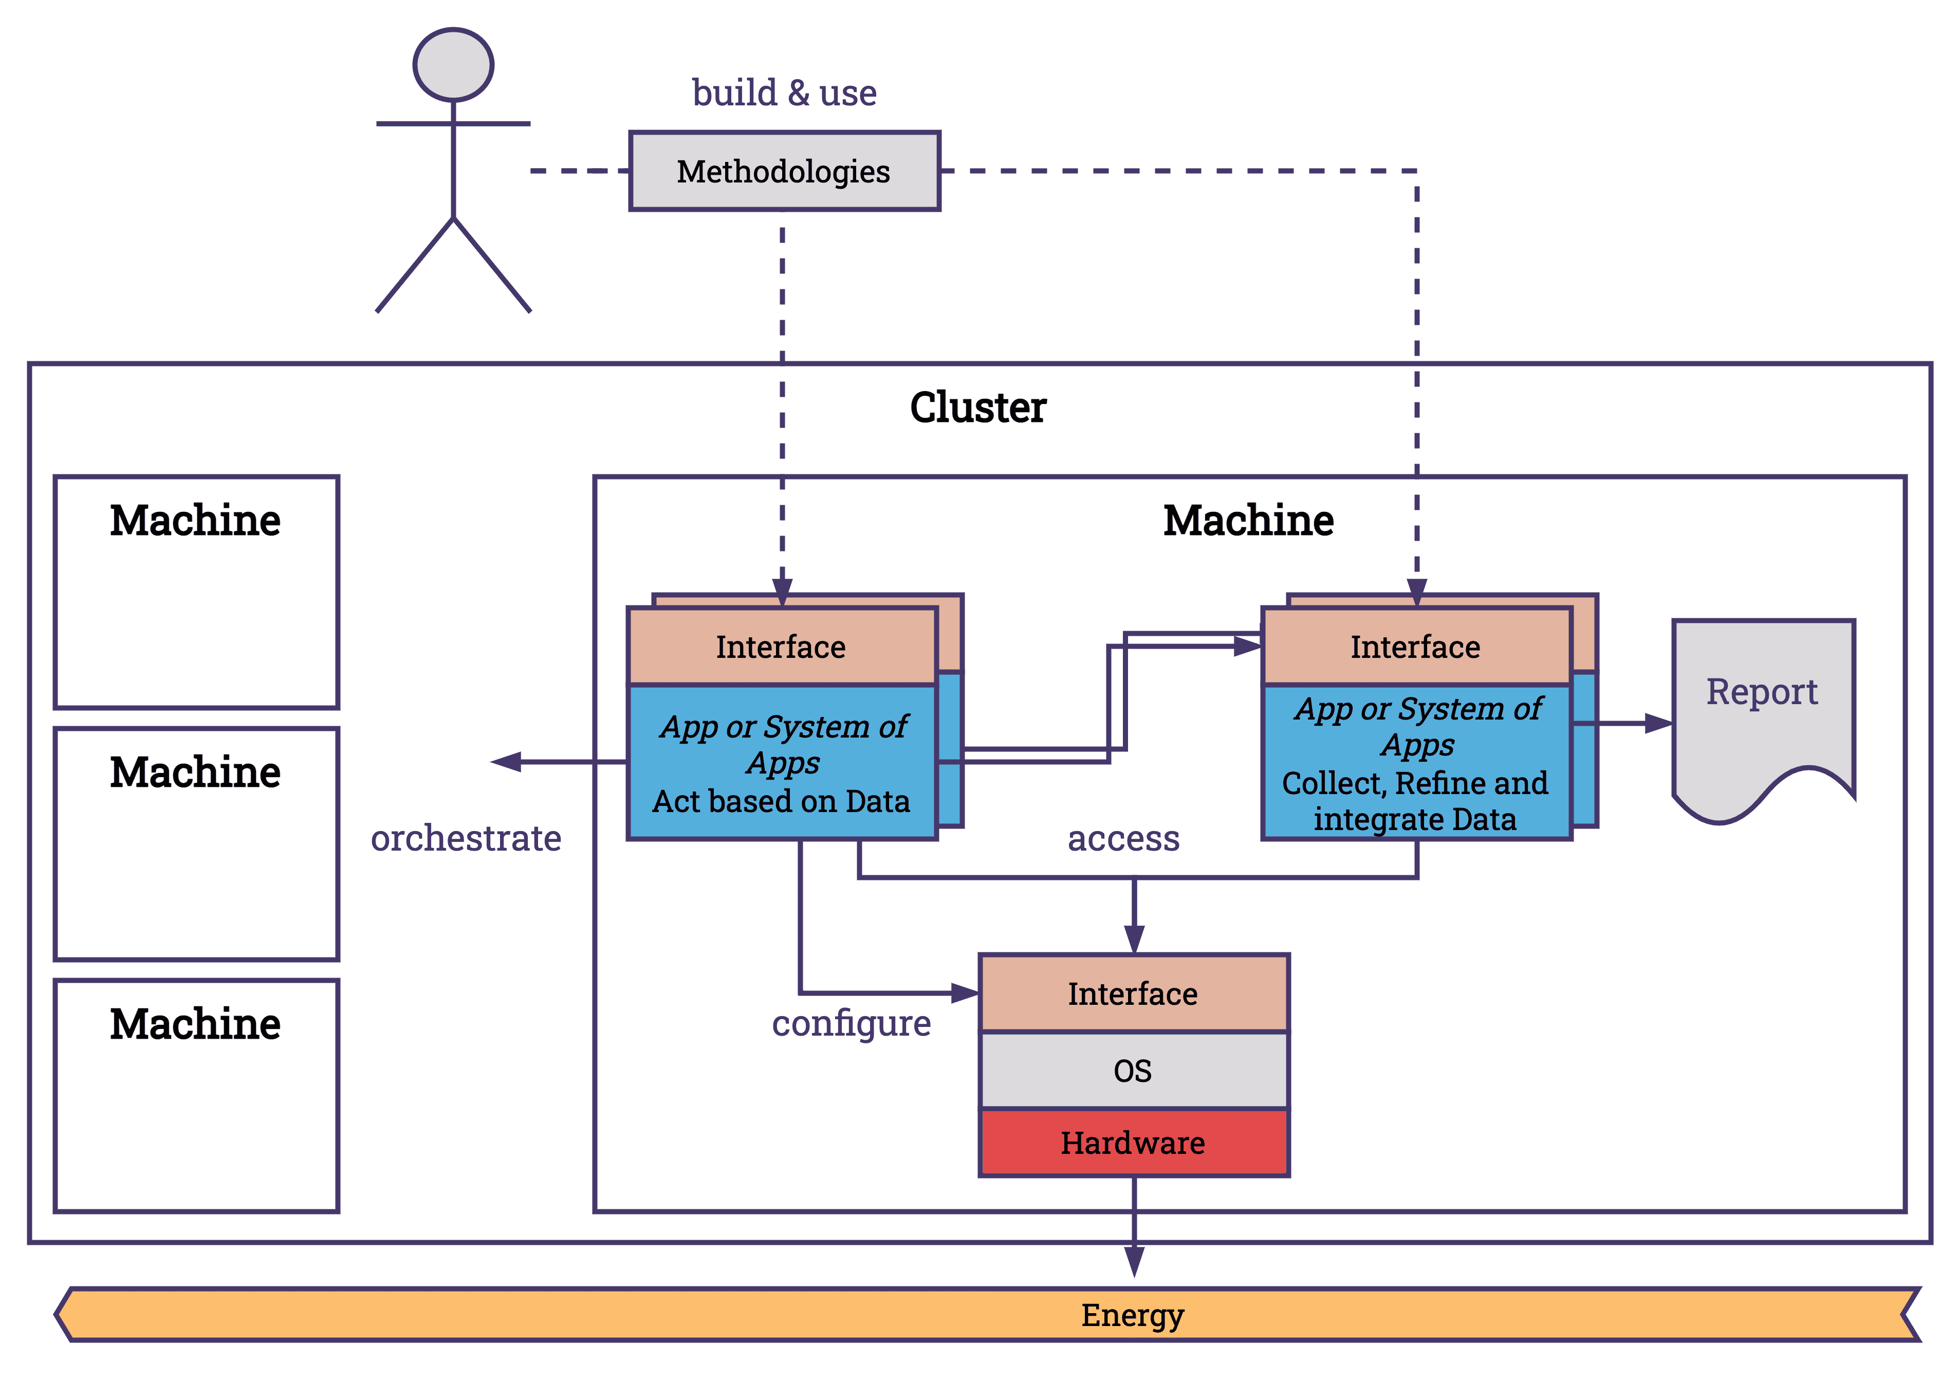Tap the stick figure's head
[453, 65]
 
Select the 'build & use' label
[784, 92]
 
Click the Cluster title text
[977, 407]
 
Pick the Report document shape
[1762, 716]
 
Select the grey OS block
[1133, 1071]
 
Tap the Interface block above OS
[1133, 993]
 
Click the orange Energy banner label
[1133, 1315]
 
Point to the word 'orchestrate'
[466, 838]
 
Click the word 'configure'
[851, 1023]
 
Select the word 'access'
[1123, 838]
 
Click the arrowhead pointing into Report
[1659, 723]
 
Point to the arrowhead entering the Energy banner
[1133, 1261]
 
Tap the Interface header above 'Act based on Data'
[781, 647]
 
